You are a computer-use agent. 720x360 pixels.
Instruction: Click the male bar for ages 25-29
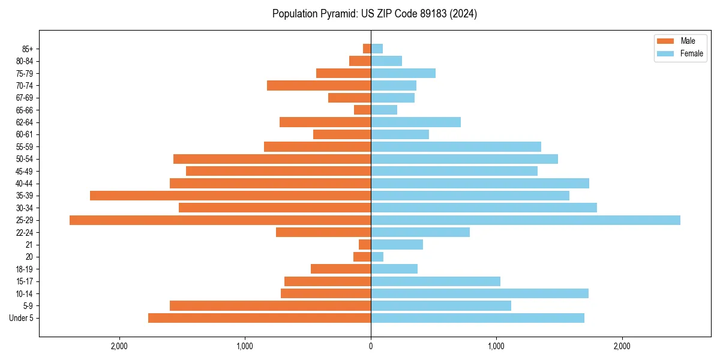(x=220, y=220)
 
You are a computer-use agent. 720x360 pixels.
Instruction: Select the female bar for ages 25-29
(x=526, y=220)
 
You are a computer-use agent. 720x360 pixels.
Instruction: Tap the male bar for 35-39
(x=230, y=196)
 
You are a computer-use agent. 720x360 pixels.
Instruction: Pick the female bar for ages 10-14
(x=479, y=293)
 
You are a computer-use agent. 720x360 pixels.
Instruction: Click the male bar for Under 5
(x=259, y=318)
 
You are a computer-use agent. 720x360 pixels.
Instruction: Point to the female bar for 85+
(x=377, y=49)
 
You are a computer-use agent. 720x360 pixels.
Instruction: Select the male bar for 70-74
(x=319, y=85)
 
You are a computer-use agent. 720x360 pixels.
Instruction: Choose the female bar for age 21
(x=397, y=245)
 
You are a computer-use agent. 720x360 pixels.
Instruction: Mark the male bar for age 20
(x=362, y=257)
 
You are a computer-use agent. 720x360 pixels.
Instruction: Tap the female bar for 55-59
(x=456, y=146)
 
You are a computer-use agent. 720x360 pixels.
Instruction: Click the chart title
(x=374, y=14)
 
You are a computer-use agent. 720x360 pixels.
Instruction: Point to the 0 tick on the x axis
(x=371, y=346)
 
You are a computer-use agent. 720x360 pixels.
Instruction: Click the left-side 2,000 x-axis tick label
(x=119, y=346)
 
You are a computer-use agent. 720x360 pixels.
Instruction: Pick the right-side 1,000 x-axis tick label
(x=496, y=346)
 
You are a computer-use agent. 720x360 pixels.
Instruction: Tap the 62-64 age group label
(x=25, y=122)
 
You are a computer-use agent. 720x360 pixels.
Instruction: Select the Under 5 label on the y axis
(x=22, y=318)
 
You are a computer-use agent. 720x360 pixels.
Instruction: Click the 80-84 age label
(x=25, y=61)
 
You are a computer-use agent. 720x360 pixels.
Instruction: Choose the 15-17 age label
(x=25, y=281)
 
